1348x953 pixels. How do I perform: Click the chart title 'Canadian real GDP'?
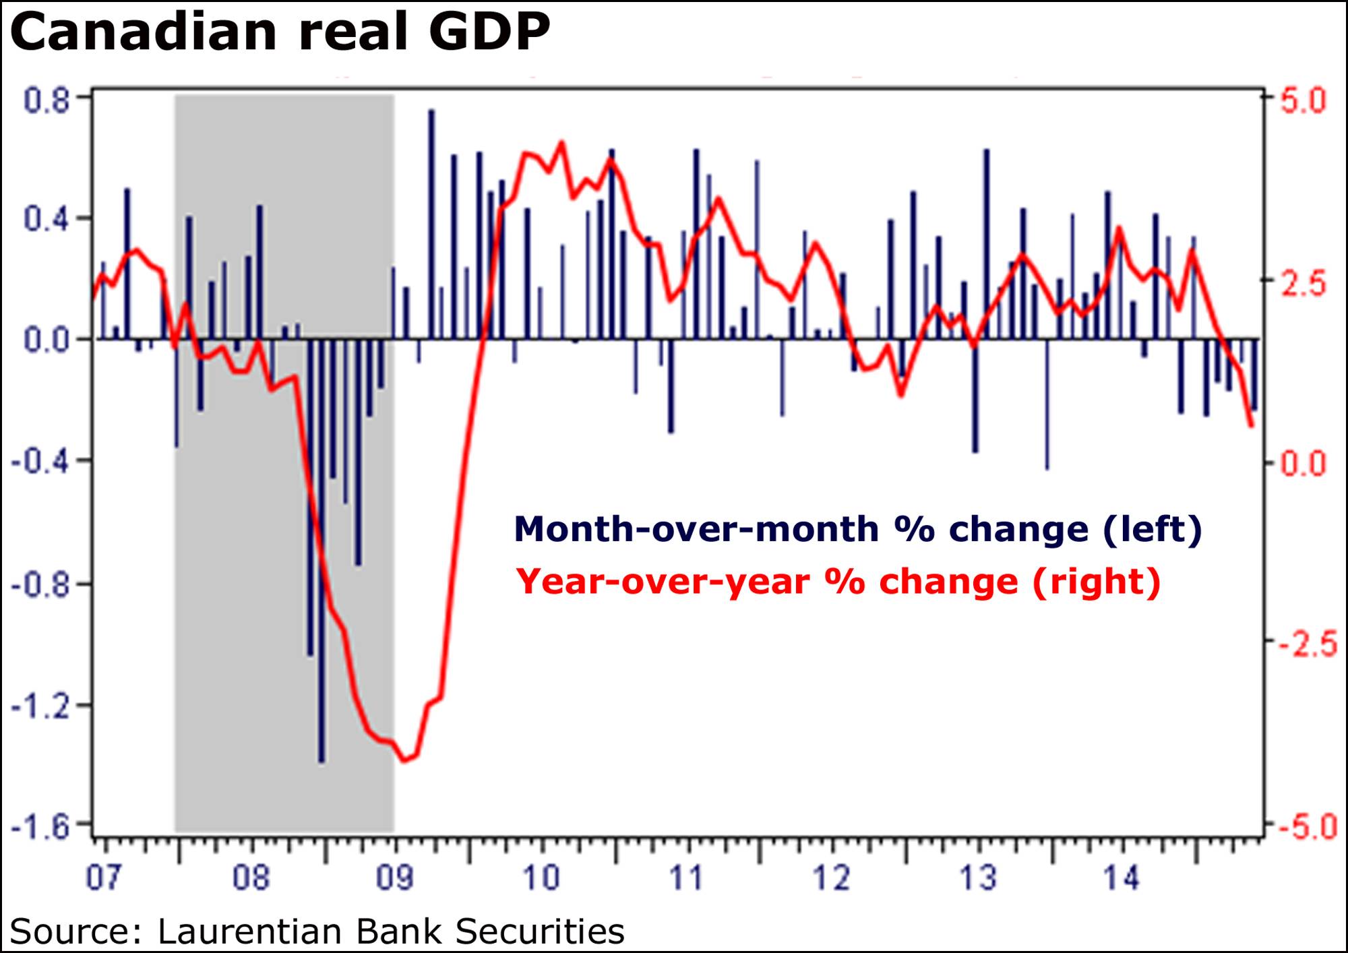coord(280,32)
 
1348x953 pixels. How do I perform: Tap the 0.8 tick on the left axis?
coord(47,101)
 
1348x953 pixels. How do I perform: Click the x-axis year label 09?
coord(395,878)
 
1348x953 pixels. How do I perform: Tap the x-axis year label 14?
coord(1121,878)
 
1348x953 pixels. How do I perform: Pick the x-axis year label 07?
coord(103,878)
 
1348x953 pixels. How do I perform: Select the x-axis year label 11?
coord(686,878)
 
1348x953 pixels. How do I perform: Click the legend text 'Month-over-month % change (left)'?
coord(857,530)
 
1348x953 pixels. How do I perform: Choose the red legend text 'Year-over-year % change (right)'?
coord(838,582)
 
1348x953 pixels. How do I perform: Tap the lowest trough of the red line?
coord(405,761)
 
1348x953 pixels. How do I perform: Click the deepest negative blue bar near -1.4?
coord(321,760)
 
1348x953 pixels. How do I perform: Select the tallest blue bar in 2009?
coord(431,111)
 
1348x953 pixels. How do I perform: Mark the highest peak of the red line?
coord(561,142)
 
